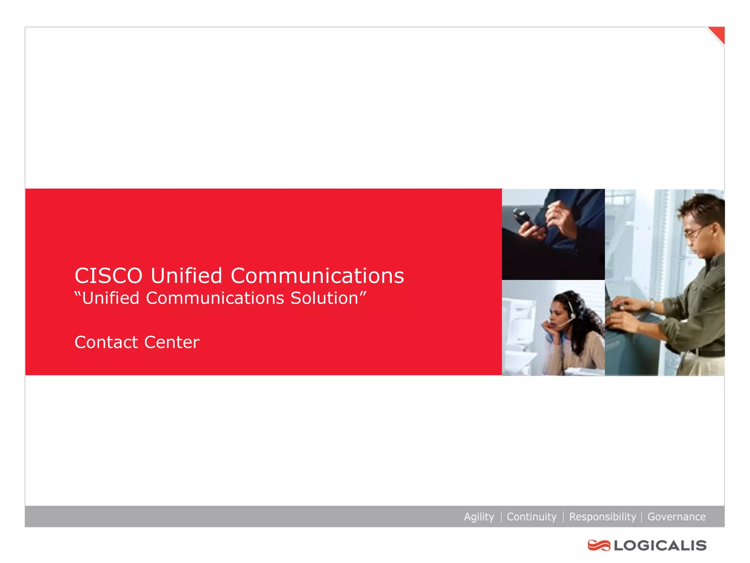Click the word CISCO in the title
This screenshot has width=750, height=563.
[x=108, y=276]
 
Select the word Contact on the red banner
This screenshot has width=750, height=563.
[x=106, y=342]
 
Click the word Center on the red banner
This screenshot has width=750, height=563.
[x=172, y=342]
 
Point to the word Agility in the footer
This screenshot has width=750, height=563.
[x=479, y=517]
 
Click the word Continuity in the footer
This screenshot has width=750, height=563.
[x=531, y=517]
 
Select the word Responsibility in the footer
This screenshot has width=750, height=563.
[x=602, y=517]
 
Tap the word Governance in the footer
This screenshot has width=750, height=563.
[x=676, y=517]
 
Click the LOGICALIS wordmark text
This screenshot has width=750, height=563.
[x=660, y=545]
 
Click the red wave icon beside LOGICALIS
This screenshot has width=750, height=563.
[x=599, y=545]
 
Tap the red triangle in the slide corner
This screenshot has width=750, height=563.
[x=719, y=34]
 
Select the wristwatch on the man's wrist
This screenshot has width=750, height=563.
[x=652, y=304]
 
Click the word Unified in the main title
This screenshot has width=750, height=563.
[x=186, y=276]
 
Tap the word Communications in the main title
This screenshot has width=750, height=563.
[x=317, y=276]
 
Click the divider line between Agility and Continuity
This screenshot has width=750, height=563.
[x=501, y=517]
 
